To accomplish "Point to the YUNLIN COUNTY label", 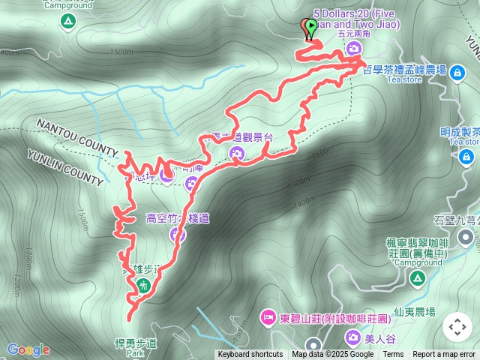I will pos(65,166).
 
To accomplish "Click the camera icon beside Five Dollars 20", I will pos(353,49).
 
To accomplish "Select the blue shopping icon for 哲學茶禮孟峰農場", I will pos(457,72).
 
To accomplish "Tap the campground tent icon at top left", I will pos(69,20).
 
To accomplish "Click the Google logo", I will pos(28,349).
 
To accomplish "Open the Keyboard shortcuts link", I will pos(250,355).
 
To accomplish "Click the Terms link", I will pos(393,355).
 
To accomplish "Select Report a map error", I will pos(445,355).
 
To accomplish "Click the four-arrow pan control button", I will pos(457,327).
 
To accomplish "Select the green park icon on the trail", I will pos(143,284).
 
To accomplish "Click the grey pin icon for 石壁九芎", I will pos(466,238).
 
